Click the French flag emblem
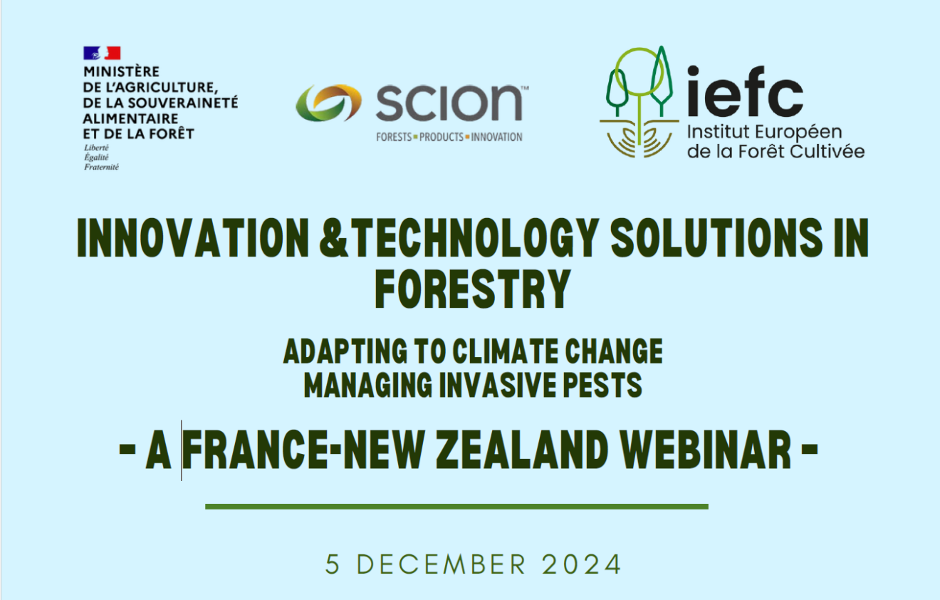pyautogui.click(x=102, y=53)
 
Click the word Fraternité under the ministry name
pyautogui.click(x=101, y=167)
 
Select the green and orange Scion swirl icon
pyautogui.click(x=328, y=103)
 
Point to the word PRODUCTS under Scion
pyautogui.click(x=442, y=137)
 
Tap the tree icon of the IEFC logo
pyautogui.click(x=638, y=100)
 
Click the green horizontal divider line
pyautogui.click(x=456, y=507)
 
